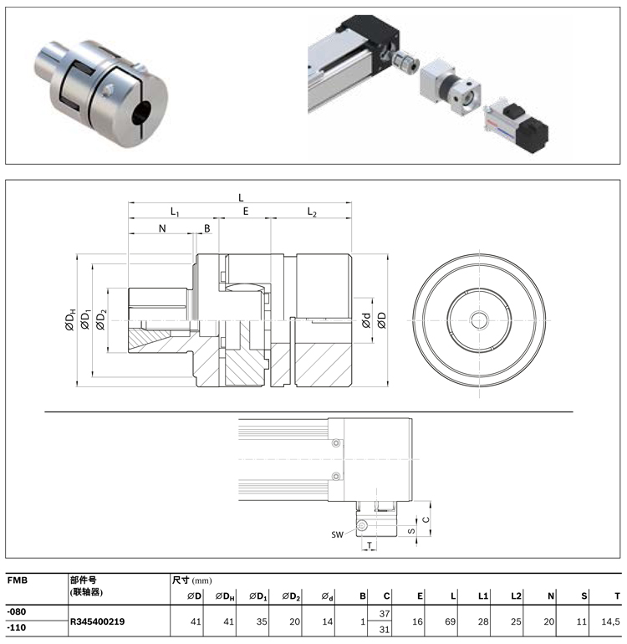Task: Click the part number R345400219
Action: [x=103, y=621]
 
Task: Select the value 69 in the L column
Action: [x=451, y=621]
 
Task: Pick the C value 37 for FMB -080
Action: [x=385, y=614]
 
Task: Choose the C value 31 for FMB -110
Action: [x=385, y=629]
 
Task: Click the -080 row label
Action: [x=16, y=613]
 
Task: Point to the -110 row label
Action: [x=16, y=629]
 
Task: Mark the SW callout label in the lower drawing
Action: [x=338, y=533]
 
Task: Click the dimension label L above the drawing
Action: [x=241, y=198]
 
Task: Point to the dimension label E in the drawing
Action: [x=246, y=212]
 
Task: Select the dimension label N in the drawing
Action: [x=161, y=227]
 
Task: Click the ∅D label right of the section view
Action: [x=382, y=320]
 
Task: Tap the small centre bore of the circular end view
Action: [x=480, y=319]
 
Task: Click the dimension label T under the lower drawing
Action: [x=370, y=545]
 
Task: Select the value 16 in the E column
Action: [x=419, y=621]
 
